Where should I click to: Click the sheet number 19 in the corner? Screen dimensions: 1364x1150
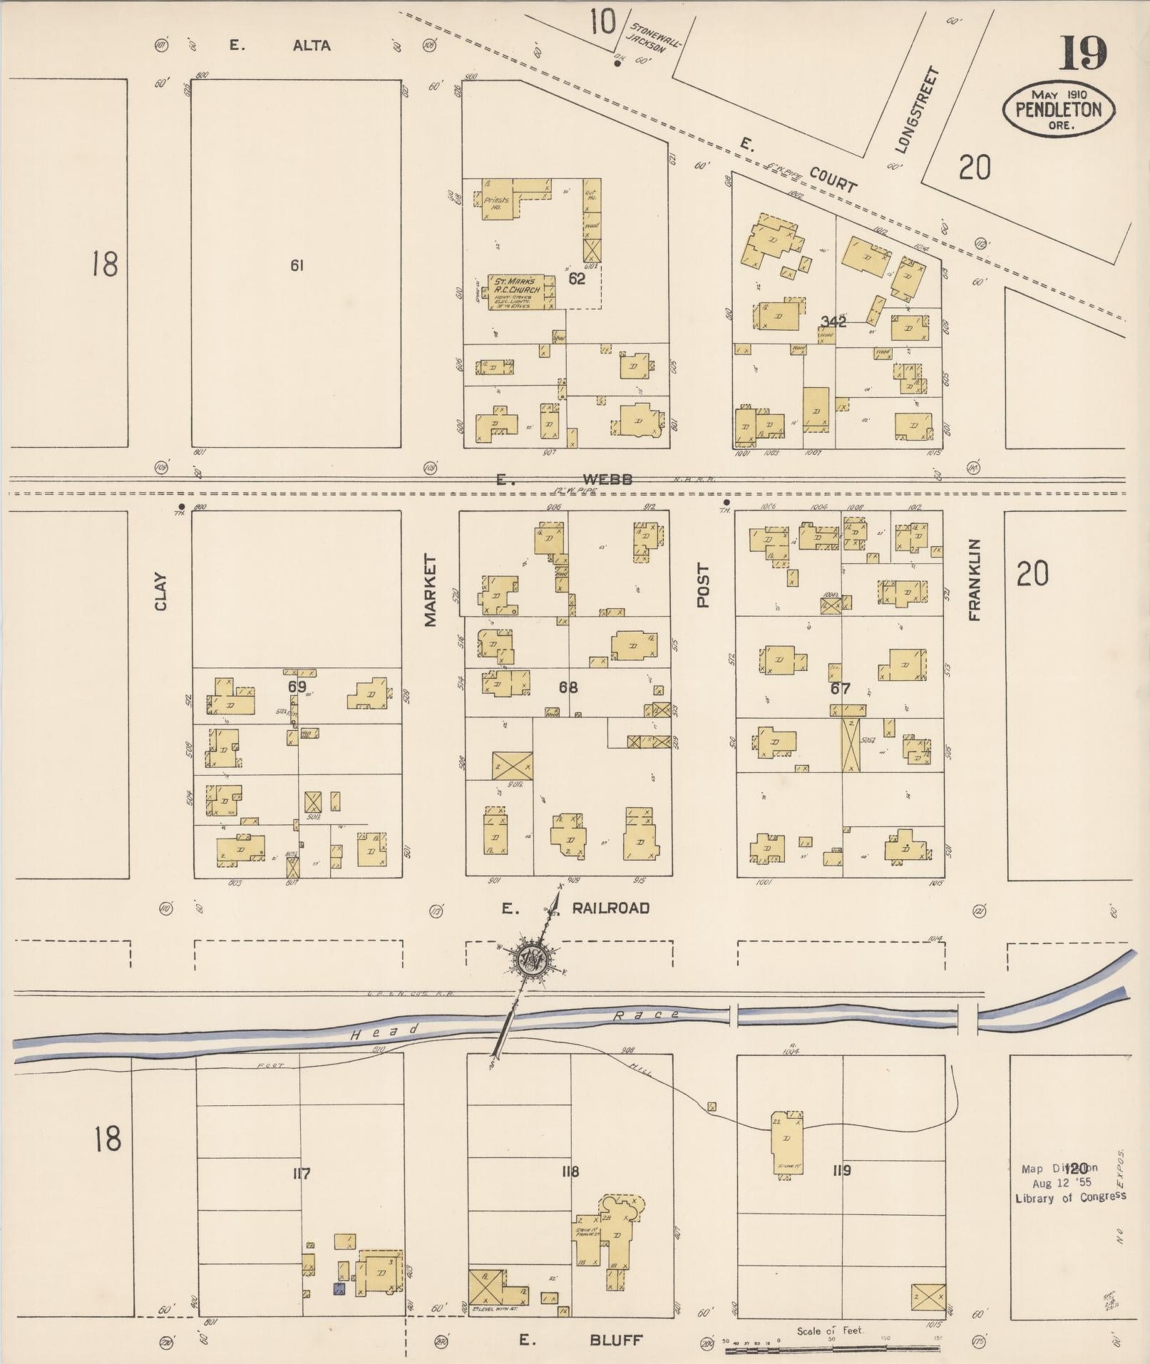[x=1083, y=53]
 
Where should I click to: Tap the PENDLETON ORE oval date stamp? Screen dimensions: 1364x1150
[x=1058, y=109]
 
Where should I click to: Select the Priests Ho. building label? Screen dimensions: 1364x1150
[x=496, y=204]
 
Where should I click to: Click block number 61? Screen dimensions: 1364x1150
[x=297, y=265]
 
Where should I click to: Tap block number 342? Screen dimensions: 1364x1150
[x=833, y=322]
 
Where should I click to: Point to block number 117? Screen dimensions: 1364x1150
[x=301, y=1173]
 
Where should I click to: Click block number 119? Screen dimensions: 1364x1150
[x=841, y=1170]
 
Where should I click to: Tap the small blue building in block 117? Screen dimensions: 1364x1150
[x=339, y=1288]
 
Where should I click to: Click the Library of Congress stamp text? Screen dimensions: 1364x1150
[x=1069, y=1197]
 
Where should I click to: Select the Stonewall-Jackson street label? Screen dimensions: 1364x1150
[x=652, y=36]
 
